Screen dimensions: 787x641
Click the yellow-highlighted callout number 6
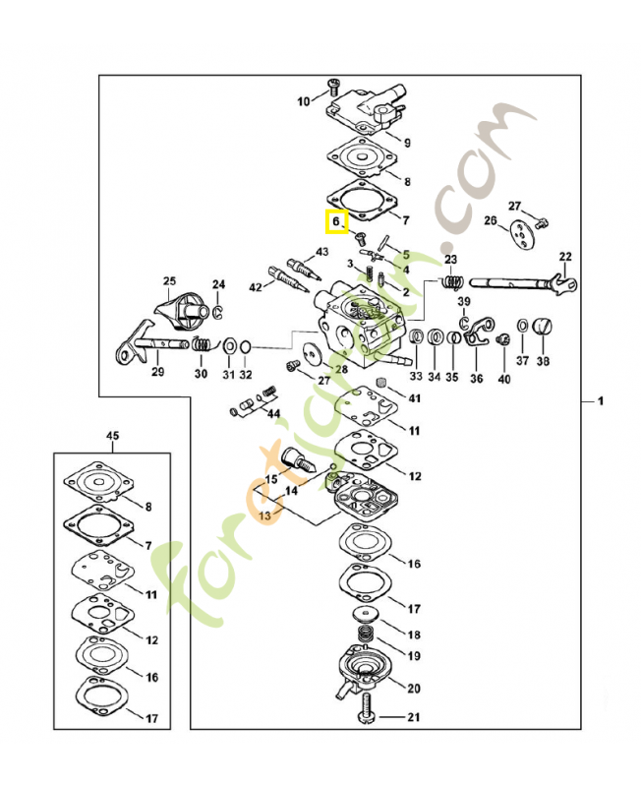(335, 222)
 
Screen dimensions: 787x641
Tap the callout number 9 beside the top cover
(406, 142)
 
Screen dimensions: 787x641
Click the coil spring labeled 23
(451, 282)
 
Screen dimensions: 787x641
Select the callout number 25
(168, 281)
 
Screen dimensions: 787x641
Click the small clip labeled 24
(218, 312)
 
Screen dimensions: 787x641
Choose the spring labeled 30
(202, 346)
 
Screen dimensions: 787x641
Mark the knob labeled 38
(542, 327)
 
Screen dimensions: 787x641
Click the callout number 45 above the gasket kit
(111, 435)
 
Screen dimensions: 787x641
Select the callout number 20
(414, 688)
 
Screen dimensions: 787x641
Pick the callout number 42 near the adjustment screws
(256, 287)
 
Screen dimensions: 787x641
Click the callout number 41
(414, 398)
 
